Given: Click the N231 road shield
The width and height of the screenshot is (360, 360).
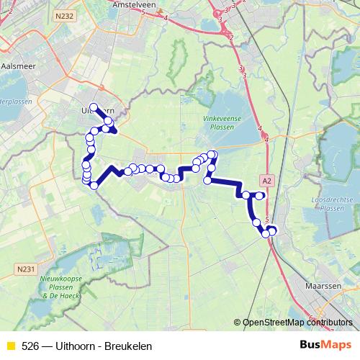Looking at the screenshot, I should click(24, 269).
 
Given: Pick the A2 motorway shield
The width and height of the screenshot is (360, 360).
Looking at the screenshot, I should click(267, 181).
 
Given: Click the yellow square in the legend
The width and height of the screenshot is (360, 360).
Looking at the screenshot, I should click(10, 346).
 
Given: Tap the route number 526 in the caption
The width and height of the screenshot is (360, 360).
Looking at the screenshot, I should click(31, 346).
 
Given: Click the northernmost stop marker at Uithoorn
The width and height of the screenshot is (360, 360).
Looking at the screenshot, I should click(94, 107).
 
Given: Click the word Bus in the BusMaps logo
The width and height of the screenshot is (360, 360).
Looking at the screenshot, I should click(311, 346).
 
